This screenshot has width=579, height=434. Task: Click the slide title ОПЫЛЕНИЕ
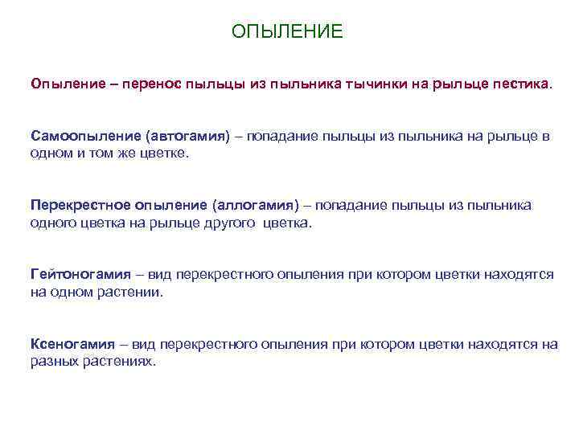(x=287, y=31)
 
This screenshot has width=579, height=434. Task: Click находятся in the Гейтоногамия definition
(x=519, y=274)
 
